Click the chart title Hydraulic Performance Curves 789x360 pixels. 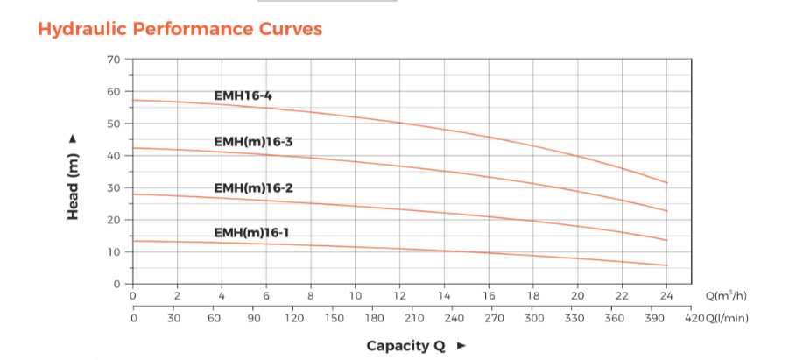(x=180, y=29)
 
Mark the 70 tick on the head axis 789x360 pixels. (x=114, y=60)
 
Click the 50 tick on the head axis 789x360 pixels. (x=114, y=124)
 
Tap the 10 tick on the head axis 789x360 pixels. (x=114, y=252)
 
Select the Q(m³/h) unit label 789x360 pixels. (x=725, y=296)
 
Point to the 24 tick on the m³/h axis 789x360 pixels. (x=667, y=296)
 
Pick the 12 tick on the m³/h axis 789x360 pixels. (x=400, y=296)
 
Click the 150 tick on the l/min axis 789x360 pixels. (x=334, y=317)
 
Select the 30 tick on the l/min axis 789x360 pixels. (x=173, y=317)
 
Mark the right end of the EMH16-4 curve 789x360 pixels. (x=667, y=183)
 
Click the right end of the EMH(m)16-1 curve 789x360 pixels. (x=667, y=265)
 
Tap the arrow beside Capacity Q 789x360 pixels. (x=461, y=345)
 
